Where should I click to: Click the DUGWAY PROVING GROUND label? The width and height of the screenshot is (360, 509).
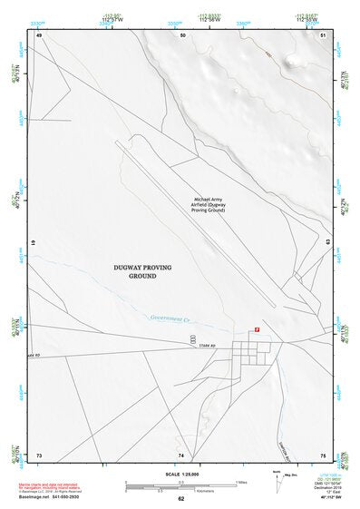[x=142, y=271]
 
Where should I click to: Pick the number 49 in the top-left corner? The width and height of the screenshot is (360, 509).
[x=40, y=34]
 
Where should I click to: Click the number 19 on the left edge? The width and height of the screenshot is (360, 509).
[x=34, y=244]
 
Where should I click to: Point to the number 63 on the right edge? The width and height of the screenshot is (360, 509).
[x=327, y=243]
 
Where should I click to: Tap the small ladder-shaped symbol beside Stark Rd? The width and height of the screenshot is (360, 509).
[x=192, y=339]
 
